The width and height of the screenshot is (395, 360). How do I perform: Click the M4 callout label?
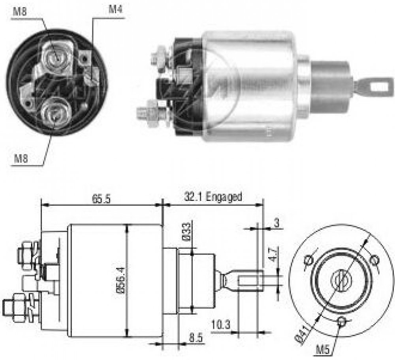(x=115, y=9)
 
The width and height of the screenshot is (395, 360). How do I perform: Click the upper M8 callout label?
(x=20, y=12)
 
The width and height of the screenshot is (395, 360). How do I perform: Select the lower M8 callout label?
(x=21, y=159)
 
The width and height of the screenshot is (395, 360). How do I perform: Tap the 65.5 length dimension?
(x=101, y=199)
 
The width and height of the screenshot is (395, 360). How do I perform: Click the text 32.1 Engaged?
(x=213, y=197)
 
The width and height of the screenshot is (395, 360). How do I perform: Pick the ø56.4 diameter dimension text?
(x=120, y=280)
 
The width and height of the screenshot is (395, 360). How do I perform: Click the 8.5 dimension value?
(x=196, y=337)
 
